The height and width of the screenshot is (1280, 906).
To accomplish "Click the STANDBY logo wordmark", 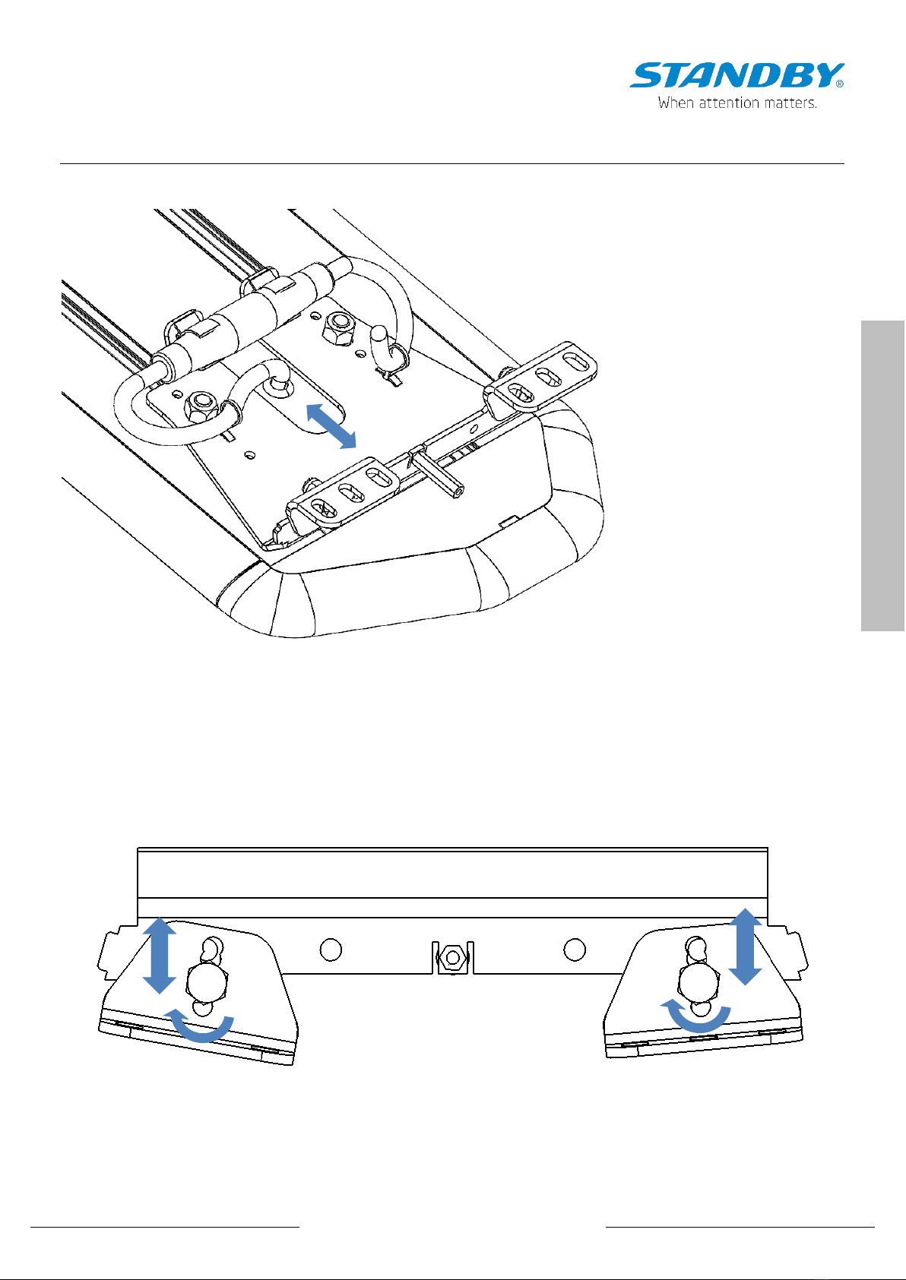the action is [736, 75].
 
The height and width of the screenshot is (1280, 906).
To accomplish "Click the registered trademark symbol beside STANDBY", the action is [840, 84].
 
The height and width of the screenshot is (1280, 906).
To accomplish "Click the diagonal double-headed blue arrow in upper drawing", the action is [331, 425].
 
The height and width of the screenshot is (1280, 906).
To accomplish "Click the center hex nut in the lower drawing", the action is [452, 957].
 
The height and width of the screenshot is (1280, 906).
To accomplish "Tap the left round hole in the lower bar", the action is [331, 950].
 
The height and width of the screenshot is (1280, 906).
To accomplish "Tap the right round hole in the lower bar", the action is [575, 950].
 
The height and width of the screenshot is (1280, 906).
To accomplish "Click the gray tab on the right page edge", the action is [883, 476].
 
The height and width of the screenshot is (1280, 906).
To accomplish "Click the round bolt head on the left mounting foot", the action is [207, 982].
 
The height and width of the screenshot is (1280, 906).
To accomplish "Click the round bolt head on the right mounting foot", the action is [698, 981].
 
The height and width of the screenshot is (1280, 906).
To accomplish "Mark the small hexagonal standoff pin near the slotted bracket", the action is [440, 474].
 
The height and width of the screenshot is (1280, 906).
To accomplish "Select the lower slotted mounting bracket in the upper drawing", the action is [343, 492].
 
